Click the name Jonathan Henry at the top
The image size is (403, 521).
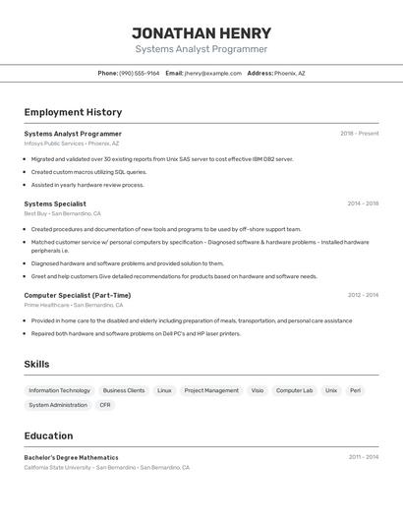pos(201,32)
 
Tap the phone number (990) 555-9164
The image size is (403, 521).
pos(140,73)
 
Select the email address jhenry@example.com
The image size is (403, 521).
pos(212,73)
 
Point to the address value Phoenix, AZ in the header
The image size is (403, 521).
pos(289,73)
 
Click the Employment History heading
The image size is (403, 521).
pos(73,112)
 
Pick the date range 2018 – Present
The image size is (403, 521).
pos(359,134)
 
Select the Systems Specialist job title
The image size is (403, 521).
pos(55,204)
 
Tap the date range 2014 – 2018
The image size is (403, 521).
pos(362,204)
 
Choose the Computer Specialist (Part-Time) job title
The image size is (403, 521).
pos(77,295)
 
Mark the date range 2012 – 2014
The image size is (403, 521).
pos(362,295)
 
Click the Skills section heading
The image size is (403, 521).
pos(36,364)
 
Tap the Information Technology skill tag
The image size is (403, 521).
pos(59,390)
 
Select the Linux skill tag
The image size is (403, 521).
pos(164,390)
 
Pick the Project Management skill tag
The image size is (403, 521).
pos(211,390)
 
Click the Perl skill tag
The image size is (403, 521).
pos(355,390)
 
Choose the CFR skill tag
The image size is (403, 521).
pos(105,405)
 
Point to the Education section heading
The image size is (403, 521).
pos(48,435)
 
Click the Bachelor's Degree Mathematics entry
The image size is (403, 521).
pos(71,457)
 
